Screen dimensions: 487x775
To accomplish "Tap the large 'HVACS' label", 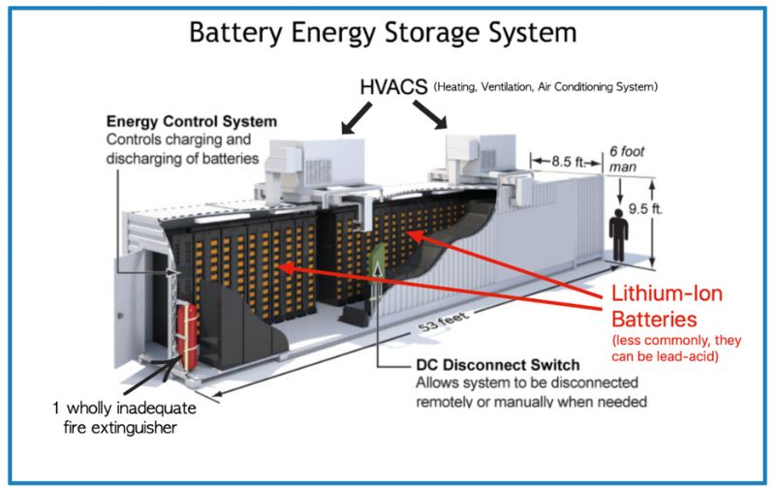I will [x=393, y=87].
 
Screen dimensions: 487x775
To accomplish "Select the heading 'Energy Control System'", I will [x=191, y=122].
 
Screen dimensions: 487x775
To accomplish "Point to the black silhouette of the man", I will [x=617, y=232].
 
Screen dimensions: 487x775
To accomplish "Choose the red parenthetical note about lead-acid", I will [x=674, y=348].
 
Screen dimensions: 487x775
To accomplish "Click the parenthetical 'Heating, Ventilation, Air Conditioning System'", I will [x=547, y=87].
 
